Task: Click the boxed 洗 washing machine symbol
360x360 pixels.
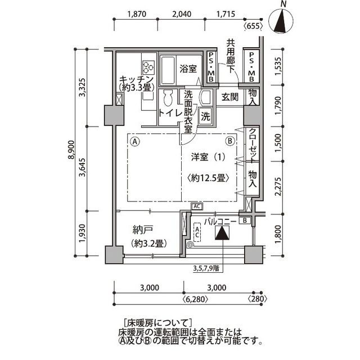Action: point(206,117)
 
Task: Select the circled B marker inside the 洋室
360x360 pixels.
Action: point(229,141)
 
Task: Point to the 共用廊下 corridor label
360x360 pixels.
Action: point(231,54)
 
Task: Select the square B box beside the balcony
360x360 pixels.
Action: point(246,220)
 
